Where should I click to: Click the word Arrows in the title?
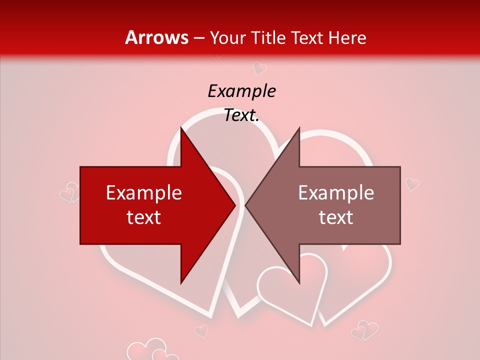(156, 37)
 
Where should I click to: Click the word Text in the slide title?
(308, 37)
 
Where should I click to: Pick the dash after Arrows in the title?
(198, 38)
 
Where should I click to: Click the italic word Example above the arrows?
(242, 91)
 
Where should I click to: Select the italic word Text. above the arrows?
(241, 115)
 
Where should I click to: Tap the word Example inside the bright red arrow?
(144, 193)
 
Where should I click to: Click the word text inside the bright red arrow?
(144, 217)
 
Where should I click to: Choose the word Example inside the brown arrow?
(336, 193)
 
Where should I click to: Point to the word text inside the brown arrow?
(336, 217)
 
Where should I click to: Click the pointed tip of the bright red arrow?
(235, 205)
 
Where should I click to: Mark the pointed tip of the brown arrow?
(245, 205)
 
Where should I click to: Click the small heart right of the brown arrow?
(412, 184)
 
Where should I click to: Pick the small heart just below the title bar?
(259, 67)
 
